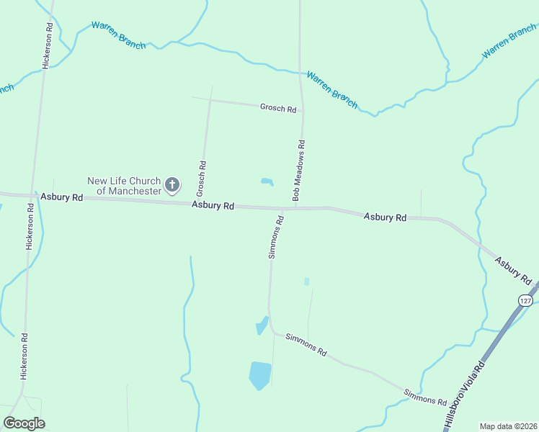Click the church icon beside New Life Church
tap(172, 186)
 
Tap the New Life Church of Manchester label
tap(124, 186)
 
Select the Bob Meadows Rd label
tap(300, 170)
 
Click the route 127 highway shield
tap(525, 300)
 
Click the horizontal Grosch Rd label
tap(278, 109)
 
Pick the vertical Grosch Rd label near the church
tap(202, 179)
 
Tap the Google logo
tap(24, 423)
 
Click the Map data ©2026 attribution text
tap(508, 426)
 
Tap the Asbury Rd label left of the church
tap(61, 197)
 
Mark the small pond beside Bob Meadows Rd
tap(267, 181)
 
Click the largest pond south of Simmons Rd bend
tap(259, 375)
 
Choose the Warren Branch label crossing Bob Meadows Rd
tap(332, 89)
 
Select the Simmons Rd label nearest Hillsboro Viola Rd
tap(425, 396)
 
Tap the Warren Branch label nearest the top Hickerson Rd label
tap(118, 35)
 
